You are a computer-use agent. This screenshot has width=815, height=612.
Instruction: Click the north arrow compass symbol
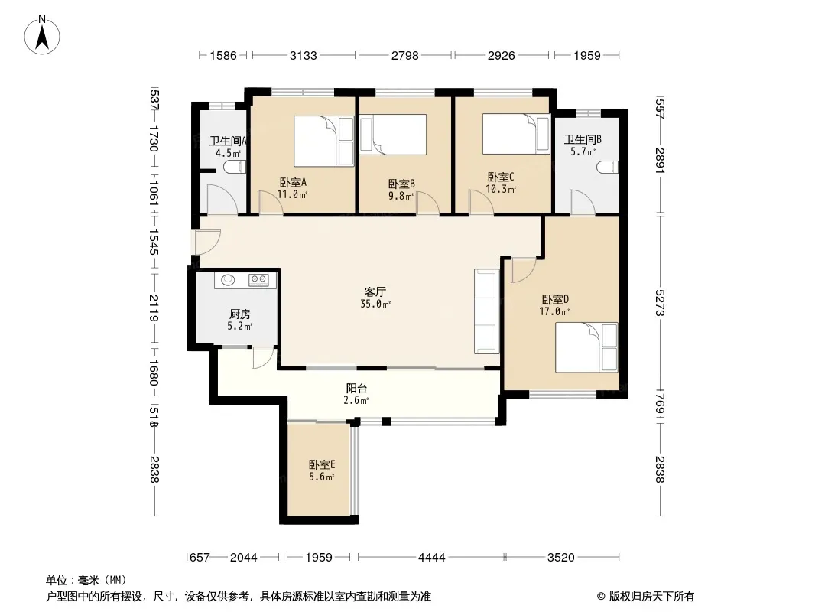pos(42,35)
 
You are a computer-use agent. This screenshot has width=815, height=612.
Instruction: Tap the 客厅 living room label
pos(375,292)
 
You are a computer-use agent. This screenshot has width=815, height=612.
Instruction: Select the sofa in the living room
pos(486,311)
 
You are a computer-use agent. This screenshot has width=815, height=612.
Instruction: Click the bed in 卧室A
pos(324,141)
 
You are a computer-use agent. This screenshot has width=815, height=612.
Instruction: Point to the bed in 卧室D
pos(586,347)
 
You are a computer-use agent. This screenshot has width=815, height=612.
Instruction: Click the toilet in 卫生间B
pos(608,168)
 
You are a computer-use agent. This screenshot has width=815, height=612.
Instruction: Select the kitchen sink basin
pos(228,280)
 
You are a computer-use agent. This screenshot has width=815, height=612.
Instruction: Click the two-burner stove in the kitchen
pos(258,280)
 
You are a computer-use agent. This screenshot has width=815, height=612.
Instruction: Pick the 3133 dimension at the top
pos(303,55)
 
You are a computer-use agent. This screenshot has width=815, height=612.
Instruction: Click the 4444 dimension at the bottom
pos(431,558)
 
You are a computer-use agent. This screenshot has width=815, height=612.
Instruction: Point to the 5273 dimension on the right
pos(660,303)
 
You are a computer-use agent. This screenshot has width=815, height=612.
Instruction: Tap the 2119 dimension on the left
pos(154,308)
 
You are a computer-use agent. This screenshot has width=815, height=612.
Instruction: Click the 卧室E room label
pos(322,464)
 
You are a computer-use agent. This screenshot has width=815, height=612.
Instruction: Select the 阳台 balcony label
pos(356,388)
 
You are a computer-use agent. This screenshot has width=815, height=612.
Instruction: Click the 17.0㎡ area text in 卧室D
pos(554,311)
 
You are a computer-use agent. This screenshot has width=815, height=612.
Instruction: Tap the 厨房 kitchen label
pos(239,314)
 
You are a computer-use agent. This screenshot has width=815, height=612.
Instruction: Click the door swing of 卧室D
pos(524,269)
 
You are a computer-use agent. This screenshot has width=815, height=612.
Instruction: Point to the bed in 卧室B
pos(393,134)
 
